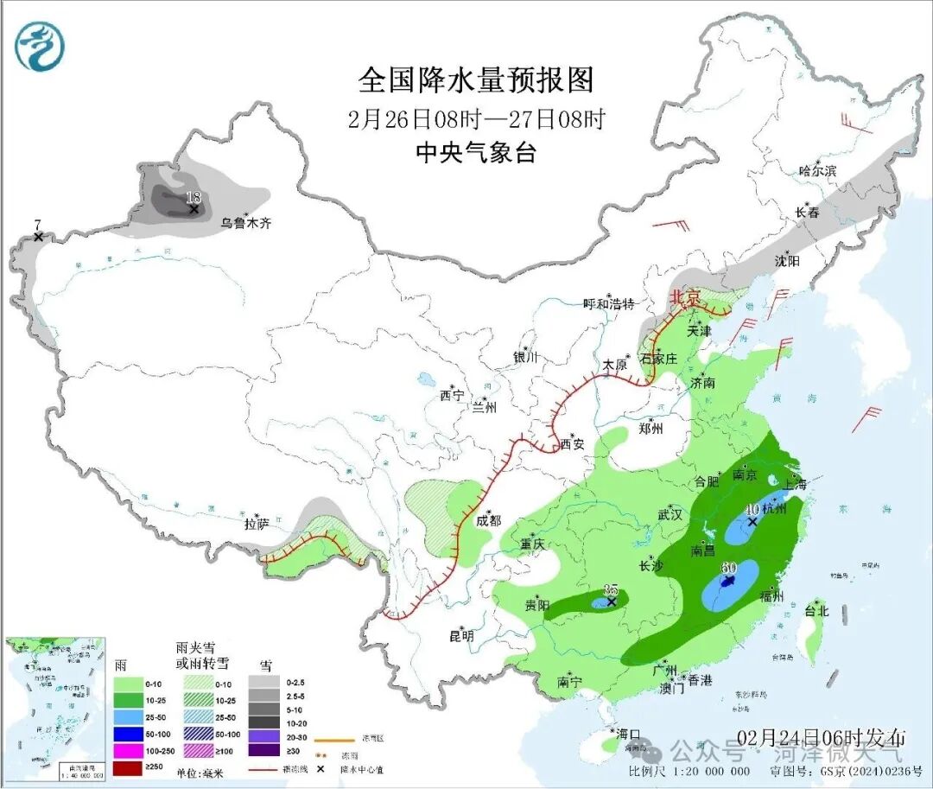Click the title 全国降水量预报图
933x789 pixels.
pyautogui.click(x=476, y=80)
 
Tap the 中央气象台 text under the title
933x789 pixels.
pyautogui.click(x=476, y=153)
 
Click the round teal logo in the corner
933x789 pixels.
pyautogui.click(x=40, y=47)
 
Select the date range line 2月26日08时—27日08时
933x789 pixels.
pyautogui.click(x=476, y=118)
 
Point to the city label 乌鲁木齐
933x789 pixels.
pyautogui.click(x=245, y=223)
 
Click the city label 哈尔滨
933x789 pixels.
pyautogui.click(x=817, y=171)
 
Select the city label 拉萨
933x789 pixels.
pyautogui.click(x=257, y=523)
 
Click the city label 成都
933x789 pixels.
pyautogui.click(x=488, y=520)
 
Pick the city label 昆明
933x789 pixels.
pyautogui.click(x=461, y=636)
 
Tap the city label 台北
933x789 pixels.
pyautogui.click(x=816, y=611)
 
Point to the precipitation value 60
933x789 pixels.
pyautogui.click(x=727, y=568)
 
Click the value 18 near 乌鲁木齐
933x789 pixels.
pyautogui.click(x=194, y=198)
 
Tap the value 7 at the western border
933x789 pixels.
pyautogui.click(x=37, y=226)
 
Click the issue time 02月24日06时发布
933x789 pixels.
pyautogui.click(x=822, y=737)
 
